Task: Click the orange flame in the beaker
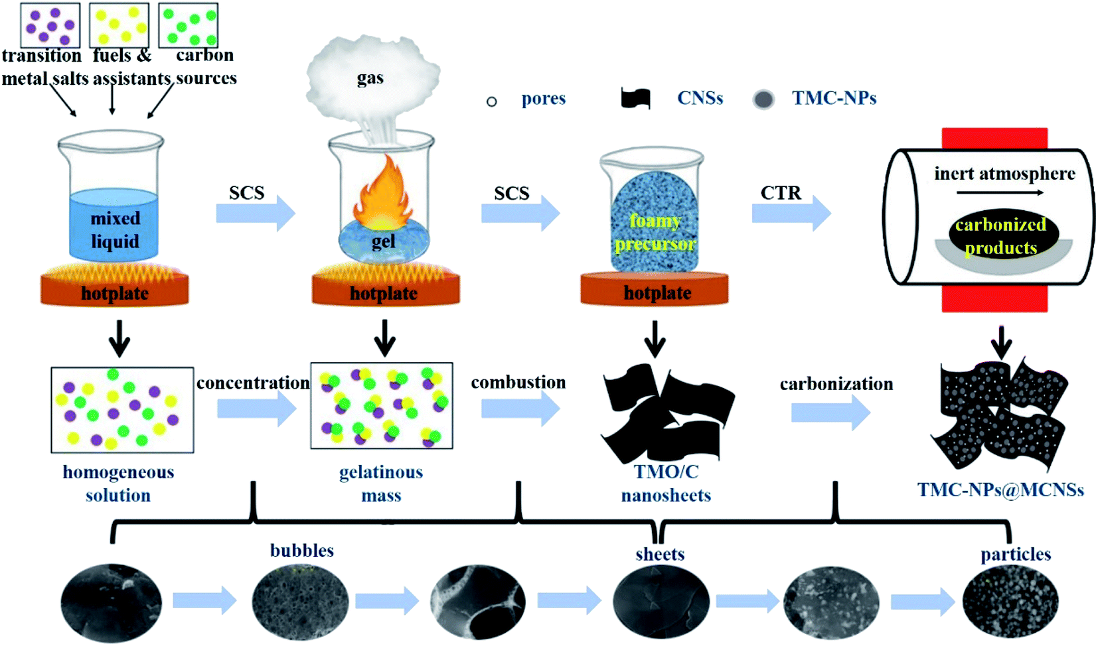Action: tap(383, 196)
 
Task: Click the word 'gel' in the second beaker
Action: tap(383, 241)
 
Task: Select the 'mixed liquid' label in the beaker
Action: tap(116, 229)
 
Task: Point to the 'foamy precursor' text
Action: tap(655, 232)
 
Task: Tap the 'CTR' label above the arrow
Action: tap(781, 193)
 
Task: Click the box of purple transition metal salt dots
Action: tap(50, 25)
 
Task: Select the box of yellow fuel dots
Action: tap(119, 25)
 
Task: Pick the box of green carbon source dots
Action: tap(189, 25)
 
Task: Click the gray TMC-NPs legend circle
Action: tap(763, 99)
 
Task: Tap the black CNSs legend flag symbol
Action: tap(636, 98)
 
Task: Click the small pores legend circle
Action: tap(492, 101)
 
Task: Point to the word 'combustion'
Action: tap(518, 382)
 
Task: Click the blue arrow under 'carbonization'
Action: tap(831, 413)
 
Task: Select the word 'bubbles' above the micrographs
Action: tap(302, 550)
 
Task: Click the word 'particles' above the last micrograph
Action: tap(1016, 555)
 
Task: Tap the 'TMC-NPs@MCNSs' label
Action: tap(1000, 489)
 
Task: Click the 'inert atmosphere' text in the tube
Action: tap(1005, 174)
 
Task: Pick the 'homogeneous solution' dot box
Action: tap(123, 410)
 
